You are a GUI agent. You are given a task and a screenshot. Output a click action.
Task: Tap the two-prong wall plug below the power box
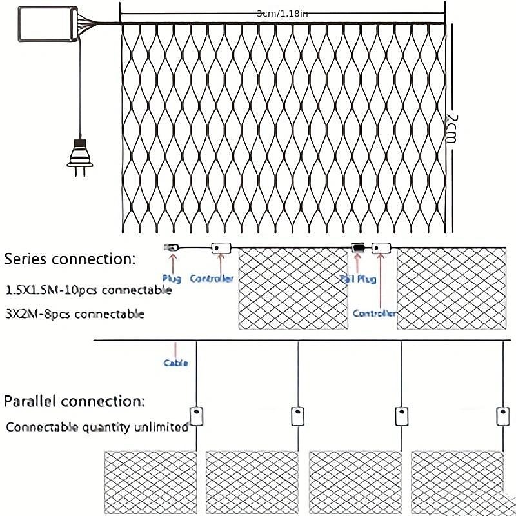point(80,154)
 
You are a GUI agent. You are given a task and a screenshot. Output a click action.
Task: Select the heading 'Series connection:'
point(70,259)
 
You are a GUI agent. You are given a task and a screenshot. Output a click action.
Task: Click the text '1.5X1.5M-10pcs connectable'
point(88,290)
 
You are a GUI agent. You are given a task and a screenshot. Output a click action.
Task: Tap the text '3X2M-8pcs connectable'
point(74,314)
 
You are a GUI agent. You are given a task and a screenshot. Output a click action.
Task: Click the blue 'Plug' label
point(172,279)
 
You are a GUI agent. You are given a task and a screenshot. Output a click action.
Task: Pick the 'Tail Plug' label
point(357,279)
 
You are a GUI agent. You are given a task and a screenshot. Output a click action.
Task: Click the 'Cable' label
point(175,363)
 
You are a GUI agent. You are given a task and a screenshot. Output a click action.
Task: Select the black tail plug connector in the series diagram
point(357,248)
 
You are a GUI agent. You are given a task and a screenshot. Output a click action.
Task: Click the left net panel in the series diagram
point(293,290)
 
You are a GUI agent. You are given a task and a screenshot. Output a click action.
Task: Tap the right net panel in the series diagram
point(451,290)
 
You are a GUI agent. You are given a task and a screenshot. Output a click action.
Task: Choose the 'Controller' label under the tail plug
point(374,313)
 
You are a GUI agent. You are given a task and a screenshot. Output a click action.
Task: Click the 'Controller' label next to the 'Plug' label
point(212,279)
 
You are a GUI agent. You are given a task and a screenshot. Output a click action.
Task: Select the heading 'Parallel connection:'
point(75,401)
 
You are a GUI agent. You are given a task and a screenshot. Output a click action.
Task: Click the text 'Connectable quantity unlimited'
point(97,427)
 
